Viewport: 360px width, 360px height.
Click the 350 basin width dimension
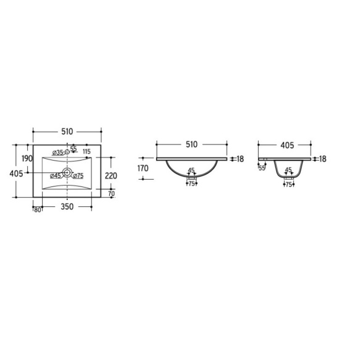click(67, 207)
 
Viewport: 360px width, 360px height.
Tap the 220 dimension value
click(111, 176)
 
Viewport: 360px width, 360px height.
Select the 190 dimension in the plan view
click(27, 159)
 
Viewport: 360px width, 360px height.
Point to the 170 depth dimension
click(143, 169)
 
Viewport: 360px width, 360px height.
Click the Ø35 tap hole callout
click(57, 153)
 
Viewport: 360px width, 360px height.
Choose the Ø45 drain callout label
click(56, 176)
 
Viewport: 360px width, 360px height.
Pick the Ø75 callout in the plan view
click(78, 176)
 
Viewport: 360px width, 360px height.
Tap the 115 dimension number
click(86, 151)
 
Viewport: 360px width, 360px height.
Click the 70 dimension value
click(111, 193)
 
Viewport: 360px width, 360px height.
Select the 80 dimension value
click(38, 210)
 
